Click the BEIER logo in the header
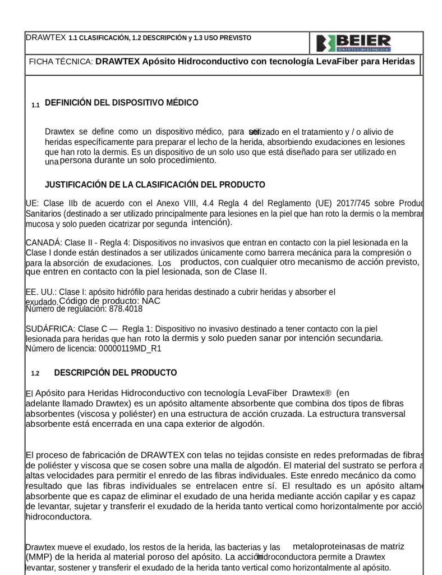pyautogui.click(x=353, y=43)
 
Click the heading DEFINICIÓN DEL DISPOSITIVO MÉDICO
pyautogui.click(x=121, y=103)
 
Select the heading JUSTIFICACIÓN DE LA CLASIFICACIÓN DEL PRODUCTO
pyautogui.click(x=155, y=185)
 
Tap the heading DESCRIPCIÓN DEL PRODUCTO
pyautogui.click(x=116, y=373)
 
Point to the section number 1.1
pyautogui.click(x=35, y=105)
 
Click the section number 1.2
pyautogui.click(x=35, y=374)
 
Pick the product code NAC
pyautogui.click(x=151, y=301)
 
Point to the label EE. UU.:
pyautogui.click(x=41, y=292)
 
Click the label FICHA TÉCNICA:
pyautogui.click(x=61, y=62)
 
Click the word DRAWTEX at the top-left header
pyautogui.click(x=46, y=38)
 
